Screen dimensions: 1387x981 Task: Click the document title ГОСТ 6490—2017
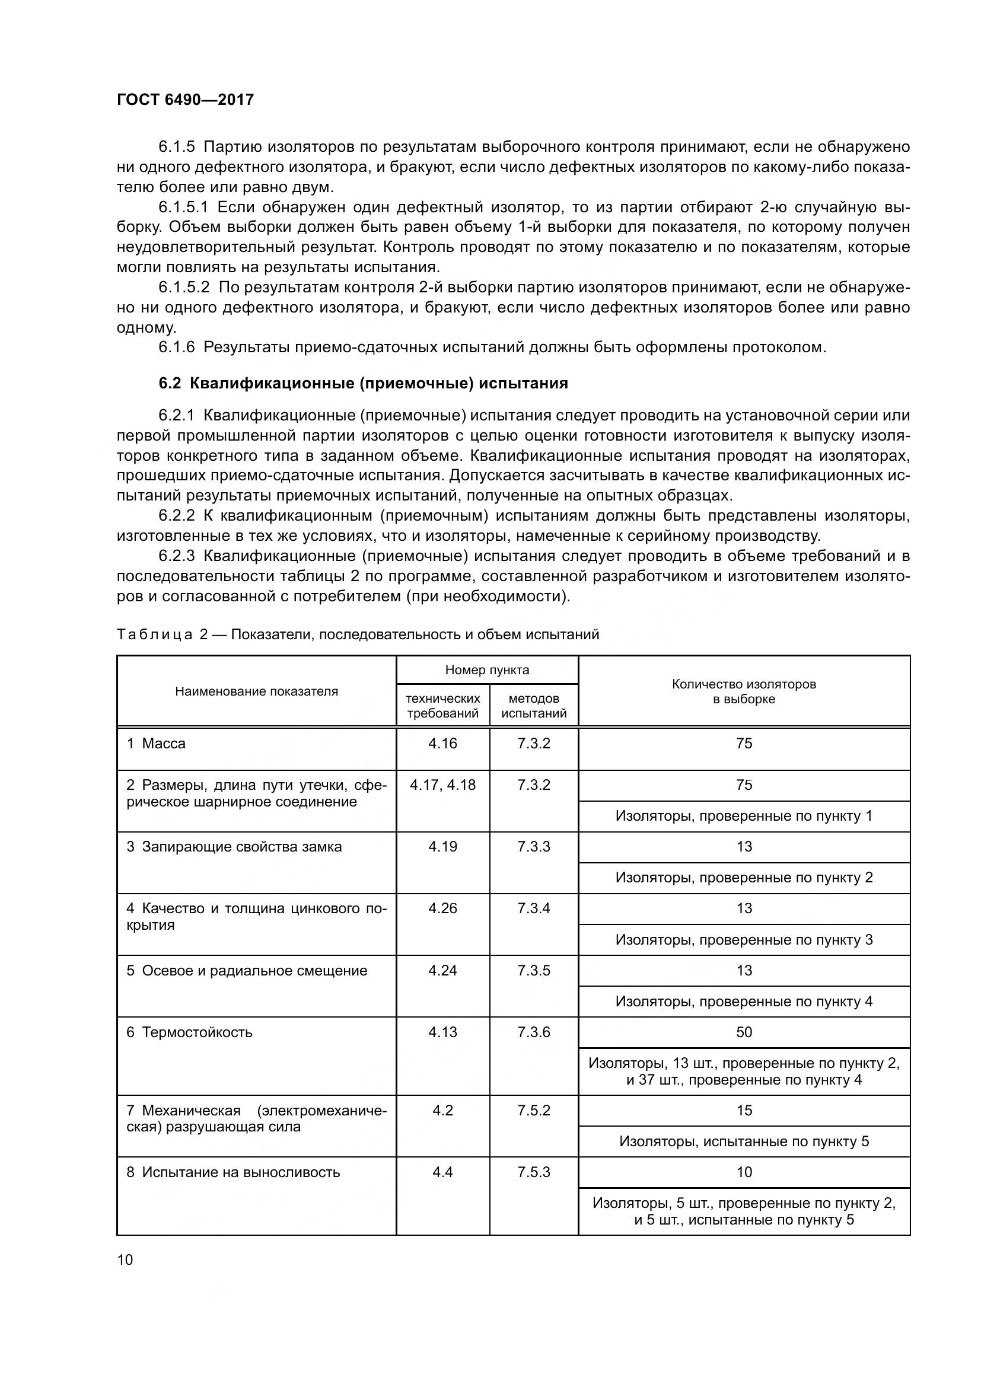[x=185, y=100]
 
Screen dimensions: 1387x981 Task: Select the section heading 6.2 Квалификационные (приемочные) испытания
[x=363, y=383]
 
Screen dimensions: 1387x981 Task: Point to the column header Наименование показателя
[x=256, y=691]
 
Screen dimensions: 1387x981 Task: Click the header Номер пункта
[x=487, y=669]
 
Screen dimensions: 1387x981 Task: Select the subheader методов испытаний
[x=533, y=706]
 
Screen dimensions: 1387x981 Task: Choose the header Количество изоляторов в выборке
[x=744, y=691]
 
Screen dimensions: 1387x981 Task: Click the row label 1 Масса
[x=156, y=744]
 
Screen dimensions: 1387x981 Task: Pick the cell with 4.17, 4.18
[x=442, y=785]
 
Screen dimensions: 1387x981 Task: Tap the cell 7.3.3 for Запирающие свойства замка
[x=533, y=846]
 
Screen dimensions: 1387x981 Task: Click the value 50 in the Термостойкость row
[x=744, y=1032]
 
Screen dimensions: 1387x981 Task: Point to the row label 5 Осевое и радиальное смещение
[x=247, y=970]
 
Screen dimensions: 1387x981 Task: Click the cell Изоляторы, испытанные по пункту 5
[x=744, y=1141]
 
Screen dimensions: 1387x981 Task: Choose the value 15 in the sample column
[x=744, y=1110]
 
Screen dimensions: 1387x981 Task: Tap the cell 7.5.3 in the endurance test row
[x=533, y=1172]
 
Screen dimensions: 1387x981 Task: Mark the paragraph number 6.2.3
[x=176, y=556]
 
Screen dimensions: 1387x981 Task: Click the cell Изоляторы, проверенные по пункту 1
[x=744, y=816]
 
